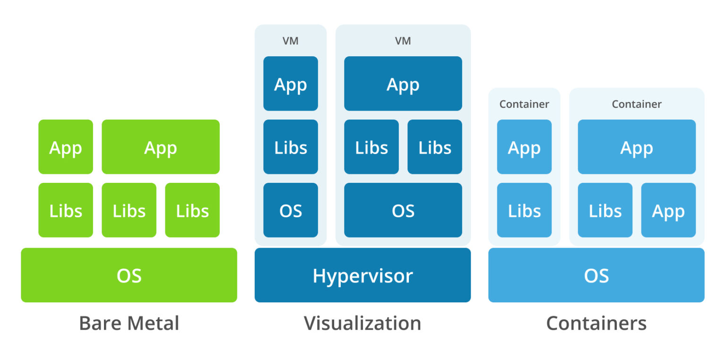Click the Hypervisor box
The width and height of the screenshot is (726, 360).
[363, 275]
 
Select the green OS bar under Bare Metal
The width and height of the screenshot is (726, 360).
[129, 275]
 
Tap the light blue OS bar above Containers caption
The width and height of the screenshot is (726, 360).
[596, 275]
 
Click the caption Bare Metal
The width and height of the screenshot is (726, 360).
[129, 324]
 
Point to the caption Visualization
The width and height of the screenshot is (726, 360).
[363, 324]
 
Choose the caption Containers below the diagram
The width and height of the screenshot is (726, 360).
[596, 324]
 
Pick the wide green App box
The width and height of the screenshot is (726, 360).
[161, 147]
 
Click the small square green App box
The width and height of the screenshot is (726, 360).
[66, 147]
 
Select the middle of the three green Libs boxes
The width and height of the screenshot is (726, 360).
[129, 210]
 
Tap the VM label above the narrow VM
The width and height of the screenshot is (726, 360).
[290, 41]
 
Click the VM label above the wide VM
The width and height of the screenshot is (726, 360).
[403, 41]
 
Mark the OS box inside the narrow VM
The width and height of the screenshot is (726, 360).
[290, 210]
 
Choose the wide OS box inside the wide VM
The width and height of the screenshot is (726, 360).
[403, 210]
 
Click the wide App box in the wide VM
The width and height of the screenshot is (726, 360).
[403, 84]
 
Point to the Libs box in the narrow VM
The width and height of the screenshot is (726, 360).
[290, 147]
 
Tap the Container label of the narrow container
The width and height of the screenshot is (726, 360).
[524, 104]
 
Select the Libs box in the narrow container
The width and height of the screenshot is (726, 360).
[524, 210]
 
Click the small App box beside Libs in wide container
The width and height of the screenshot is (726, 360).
[668, 210]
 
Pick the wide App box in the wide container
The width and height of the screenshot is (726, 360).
[637, 147]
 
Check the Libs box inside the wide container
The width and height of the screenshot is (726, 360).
[605, 210]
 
